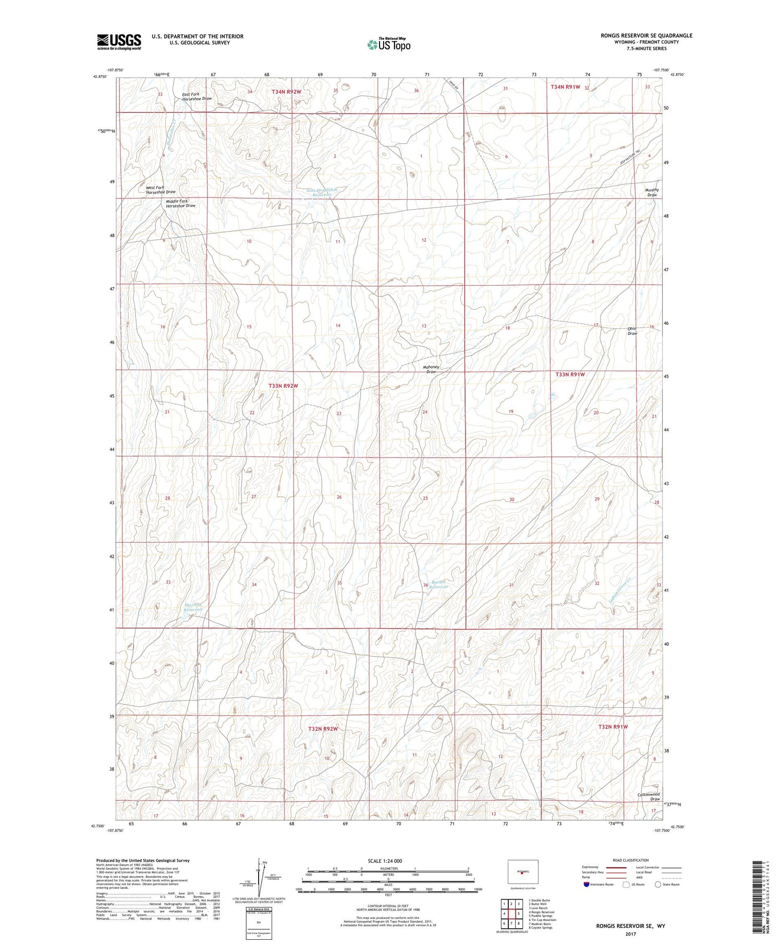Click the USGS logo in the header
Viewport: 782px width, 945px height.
[119, 42]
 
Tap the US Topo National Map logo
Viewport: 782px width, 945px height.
[388, 44]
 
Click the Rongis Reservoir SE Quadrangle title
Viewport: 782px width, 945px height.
[646, 35]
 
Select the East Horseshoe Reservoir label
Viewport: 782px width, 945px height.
[322, 192]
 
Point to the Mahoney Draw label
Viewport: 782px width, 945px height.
[431, 369]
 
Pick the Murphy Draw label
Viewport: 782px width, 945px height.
[652, 192]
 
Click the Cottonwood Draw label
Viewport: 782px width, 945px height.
[649, 796]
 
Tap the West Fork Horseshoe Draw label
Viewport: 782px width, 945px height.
[161, 189]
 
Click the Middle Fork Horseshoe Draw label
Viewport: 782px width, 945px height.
[180, 203]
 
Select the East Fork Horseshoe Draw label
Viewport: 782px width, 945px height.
[197, 96]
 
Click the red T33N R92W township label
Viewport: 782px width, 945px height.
[283, 386]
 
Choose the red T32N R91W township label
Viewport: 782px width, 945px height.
[613, 727]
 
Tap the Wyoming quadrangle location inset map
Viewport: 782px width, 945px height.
[522, 872]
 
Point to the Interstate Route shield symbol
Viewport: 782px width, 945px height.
[586, 885]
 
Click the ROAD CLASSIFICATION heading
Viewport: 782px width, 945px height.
[631, 860]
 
